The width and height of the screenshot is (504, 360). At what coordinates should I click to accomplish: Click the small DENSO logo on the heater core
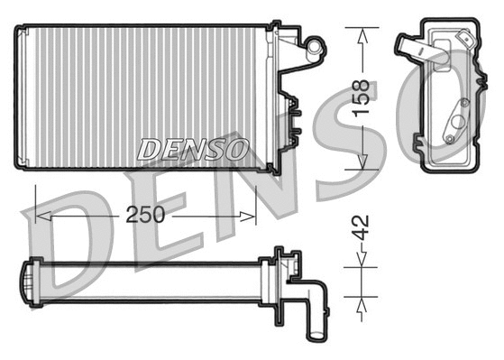[x=193, y=150]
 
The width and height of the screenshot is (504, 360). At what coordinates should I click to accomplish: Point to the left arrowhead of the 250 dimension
[x=41, y=217]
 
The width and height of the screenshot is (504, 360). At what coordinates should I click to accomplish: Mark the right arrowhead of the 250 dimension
[x=250, y=217]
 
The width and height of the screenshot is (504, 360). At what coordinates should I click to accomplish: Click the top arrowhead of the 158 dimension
[x=362, y=34]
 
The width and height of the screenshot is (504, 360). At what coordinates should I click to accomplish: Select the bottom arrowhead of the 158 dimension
[x=362, y=162]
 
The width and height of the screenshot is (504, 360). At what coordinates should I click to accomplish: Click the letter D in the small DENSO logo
[x=148, y=150]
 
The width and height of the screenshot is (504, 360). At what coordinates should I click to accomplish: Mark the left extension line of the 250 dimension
[x=34, y=203]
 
